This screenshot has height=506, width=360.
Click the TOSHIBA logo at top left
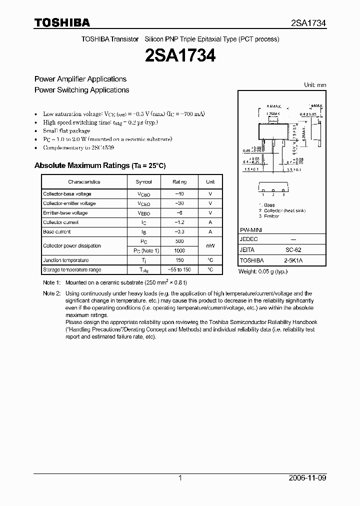[x=62, y=22]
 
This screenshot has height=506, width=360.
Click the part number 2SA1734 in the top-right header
[x=308, y=23]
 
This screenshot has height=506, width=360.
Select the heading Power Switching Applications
[x=81, y=90]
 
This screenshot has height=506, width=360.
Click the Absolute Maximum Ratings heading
[x=99, y=165]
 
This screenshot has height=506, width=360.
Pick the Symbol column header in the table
[x=143, y=182]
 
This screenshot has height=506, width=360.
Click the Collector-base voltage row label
[x=67, y=194]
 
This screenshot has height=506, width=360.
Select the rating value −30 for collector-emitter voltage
[x=179, y=203]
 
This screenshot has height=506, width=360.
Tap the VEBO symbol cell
[x=143, y=213]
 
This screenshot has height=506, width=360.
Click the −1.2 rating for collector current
[x=179, y=222]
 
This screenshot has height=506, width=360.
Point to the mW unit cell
[x=210, y=246]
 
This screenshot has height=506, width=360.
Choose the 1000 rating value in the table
[x=179, y=250]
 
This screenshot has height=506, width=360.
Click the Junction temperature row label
[x=65, y=260]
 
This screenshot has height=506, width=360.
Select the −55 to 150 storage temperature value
[x=179, y=269]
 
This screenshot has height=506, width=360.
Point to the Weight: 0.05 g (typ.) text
[x=262, y=271]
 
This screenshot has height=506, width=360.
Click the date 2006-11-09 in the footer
[x=307, y=478]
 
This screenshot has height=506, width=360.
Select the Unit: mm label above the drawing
[x=315, y=85]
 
